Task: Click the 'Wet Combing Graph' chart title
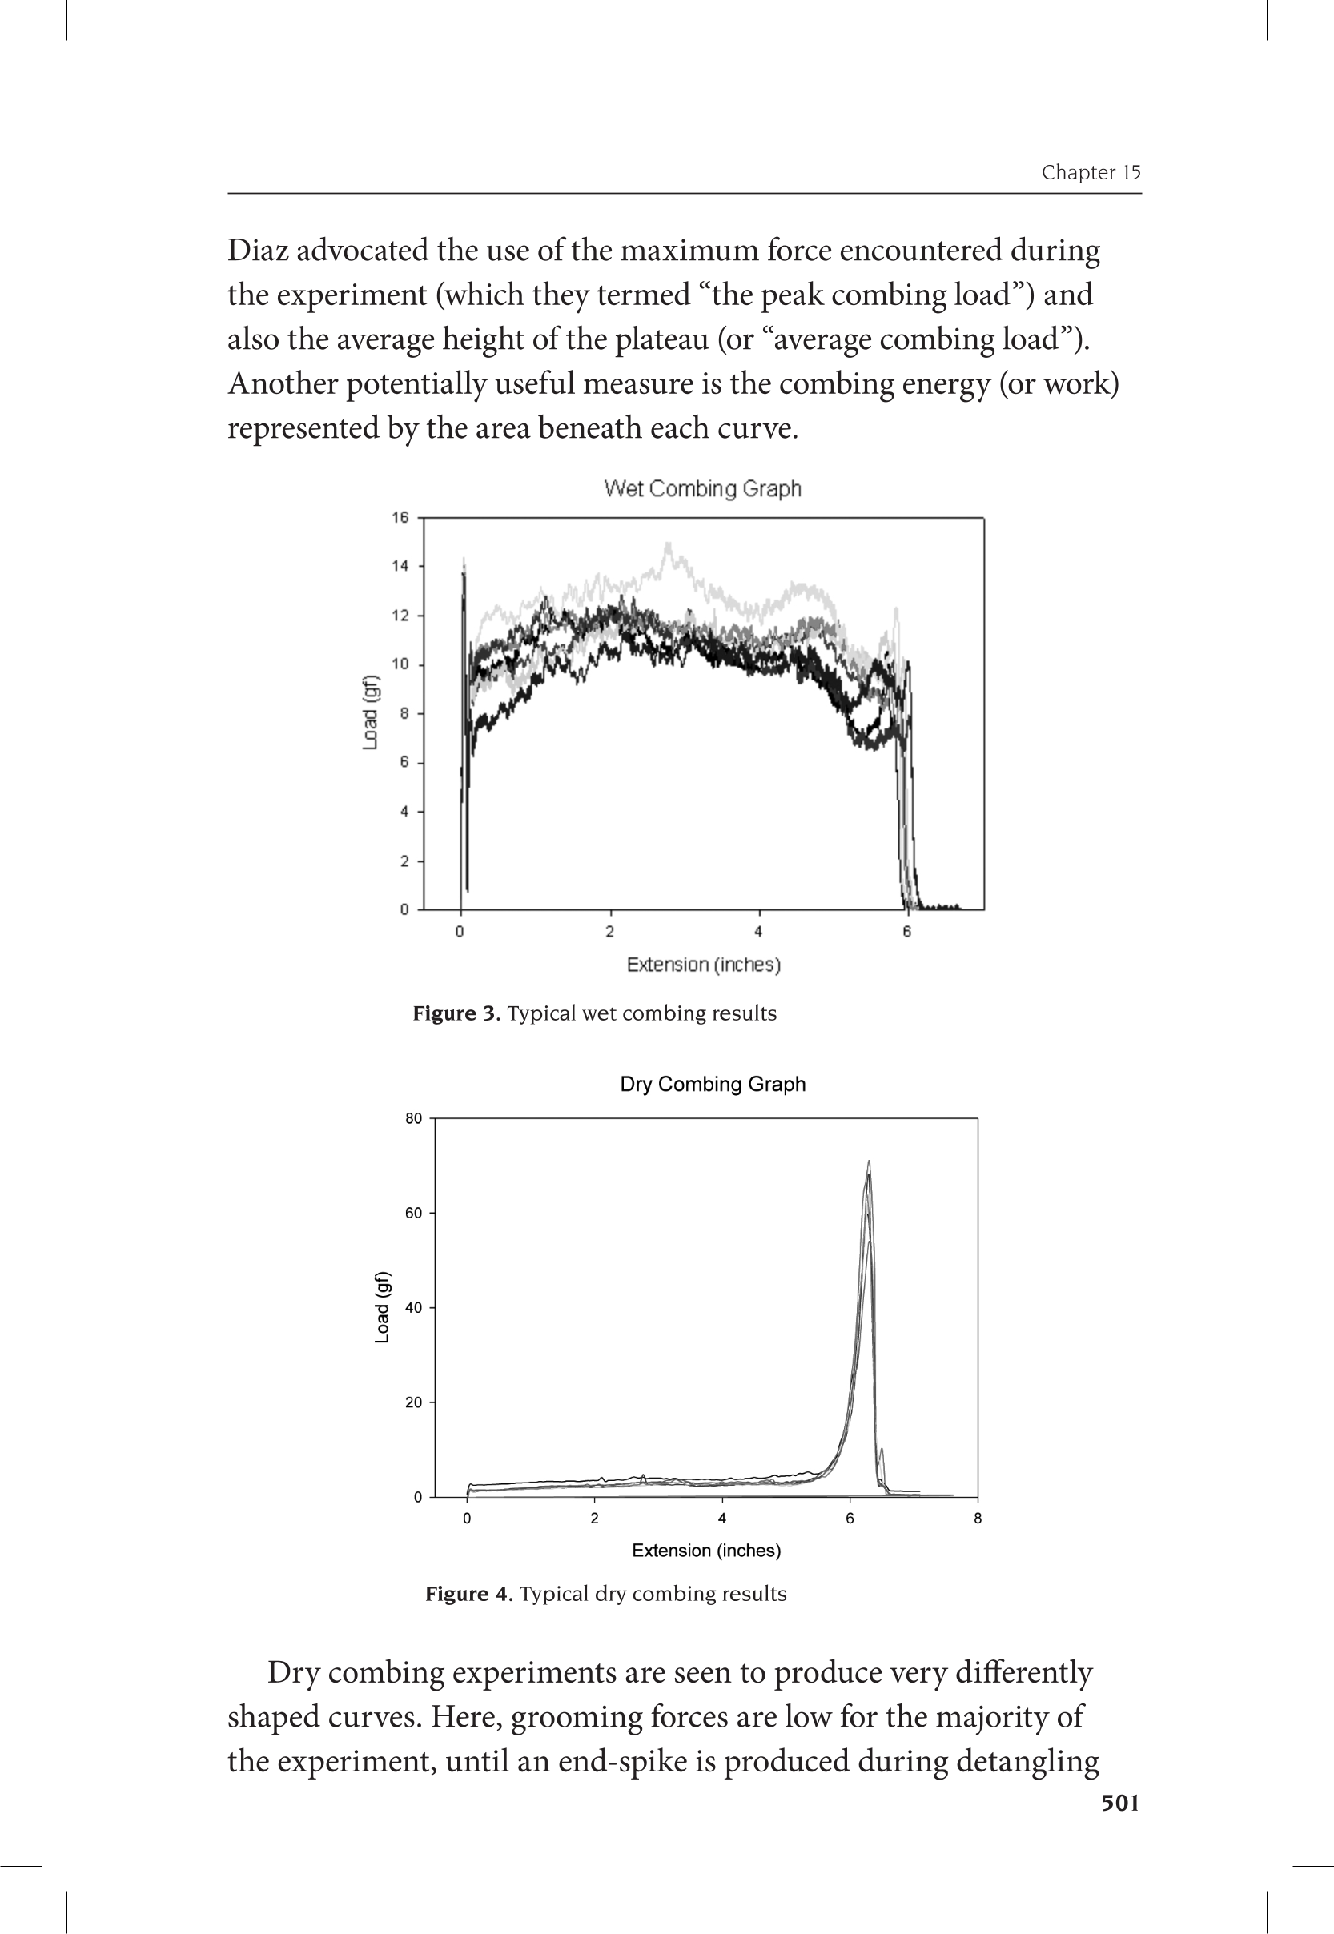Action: click(x=702, y=489)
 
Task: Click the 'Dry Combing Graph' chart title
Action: click(x=712, y=1085)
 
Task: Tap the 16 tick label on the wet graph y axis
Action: click(x=400, y=518)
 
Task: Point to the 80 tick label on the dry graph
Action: click(x=414, y=1118)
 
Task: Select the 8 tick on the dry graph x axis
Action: click(x=977, y=1518)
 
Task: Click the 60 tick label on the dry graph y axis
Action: click(x=414, y=1213)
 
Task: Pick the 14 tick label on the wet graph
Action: click(x=400, y=567)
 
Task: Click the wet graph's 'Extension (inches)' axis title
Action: click(x=704, y=965)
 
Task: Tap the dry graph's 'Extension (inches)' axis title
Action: click(x=706, y=1551)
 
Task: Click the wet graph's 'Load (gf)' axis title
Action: click(x=370, y=712)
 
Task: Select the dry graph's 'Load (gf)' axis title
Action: click(x=382, y=1307)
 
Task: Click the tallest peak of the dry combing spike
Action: click(x=870, y=1162)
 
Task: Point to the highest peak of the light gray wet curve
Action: click(x=668, y=544)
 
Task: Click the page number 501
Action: click(x=1120, y=1803)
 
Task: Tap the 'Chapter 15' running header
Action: click(x=1091, y=172)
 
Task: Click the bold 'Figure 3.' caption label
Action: click(x=456, y=1013)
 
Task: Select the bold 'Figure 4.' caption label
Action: click(x=469, y=1594)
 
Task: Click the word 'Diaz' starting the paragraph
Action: click(x=258, y=250)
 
